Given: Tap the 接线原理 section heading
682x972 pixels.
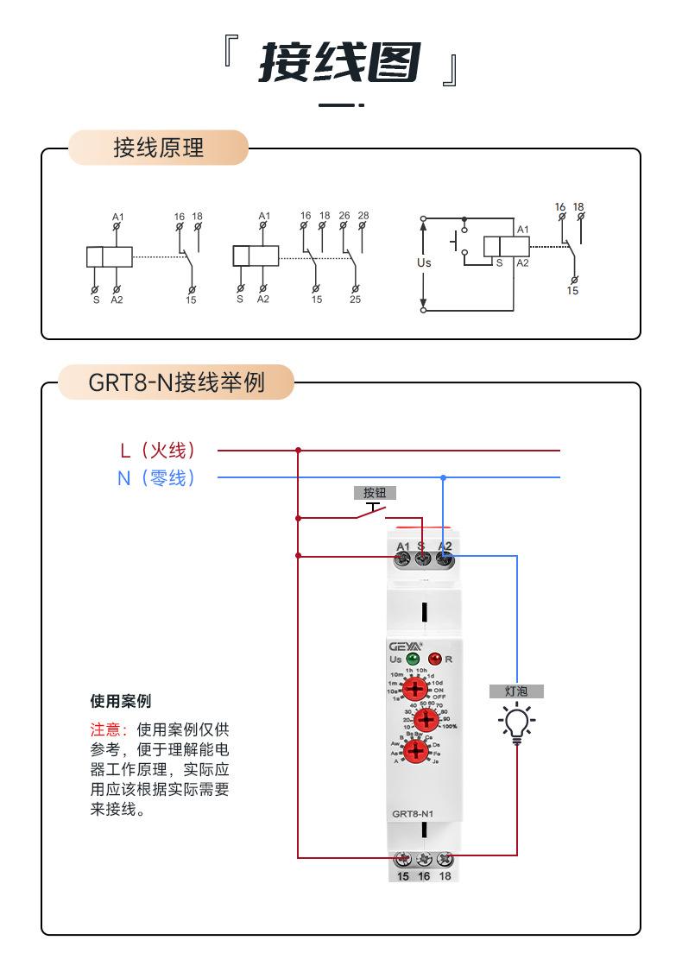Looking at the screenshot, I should [159, 148].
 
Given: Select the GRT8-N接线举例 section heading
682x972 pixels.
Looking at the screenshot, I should [176, 382].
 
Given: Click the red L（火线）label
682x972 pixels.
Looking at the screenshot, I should [158, 450].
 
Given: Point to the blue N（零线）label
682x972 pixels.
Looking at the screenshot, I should [156, 477].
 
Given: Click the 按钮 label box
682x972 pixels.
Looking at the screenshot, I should [375, 493].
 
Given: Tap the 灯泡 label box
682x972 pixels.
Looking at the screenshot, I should [516, 691].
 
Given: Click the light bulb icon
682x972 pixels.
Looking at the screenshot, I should [516, 723].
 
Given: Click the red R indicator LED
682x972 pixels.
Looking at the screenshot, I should [435, 660].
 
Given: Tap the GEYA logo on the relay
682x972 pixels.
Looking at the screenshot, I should [407, 644].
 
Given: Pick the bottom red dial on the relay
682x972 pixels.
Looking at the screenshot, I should [418, 750].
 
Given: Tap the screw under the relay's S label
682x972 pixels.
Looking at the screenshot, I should [423, 560].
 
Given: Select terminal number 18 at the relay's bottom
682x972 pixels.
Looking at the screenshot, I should [445, 876].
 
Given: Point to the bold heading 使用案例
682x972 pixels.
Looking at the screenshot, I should [120, 700].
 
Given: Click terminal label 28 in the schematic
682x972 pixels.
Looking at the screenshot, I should [363, 215].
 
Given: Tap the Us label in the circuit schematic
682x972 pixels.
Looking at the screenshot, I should [423, 262].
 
